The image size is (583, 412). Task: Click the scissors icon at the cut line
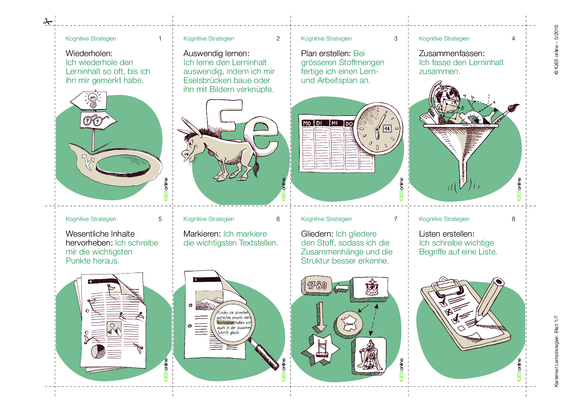pos(48,22)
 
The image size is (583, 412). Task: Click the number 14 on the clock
pos(387,129)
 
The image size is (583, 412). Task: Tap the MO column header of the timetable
pos(307,123)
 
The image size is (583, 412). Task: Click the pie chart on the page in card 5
pos(98,351)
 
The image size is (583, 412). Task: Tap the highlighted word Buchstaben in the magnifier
pos(226,322)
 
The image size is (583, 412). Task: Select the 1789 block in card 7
pos(316,285)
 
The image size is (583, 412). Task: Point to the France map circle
pos(349,324)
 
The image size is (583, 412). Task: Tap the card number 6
pos(278,219)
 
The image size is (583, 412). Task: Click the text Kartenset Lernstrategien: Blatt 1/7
pos(556,351)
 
